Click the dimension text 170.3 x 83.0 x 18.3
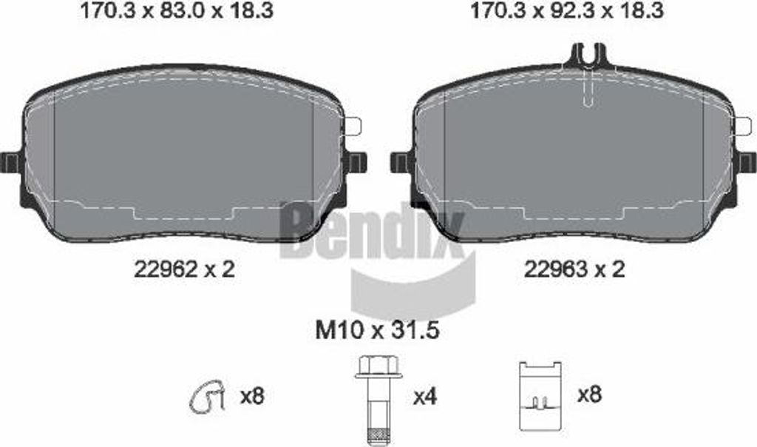click(x=177, y=10)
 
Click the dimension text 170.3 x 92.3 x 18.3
click(x=567, y=10)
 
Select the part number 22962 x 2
click(x=184, y=269)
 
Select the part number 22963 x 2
click(x=574, y=269)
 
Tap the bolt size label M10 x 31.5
click(x=377, y=331)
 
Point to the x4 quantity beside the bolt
click(x=425, y=397)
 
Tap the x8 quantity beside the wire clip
click(x=252, y=397)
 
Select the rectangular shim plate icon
click(x=540, y=396)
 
